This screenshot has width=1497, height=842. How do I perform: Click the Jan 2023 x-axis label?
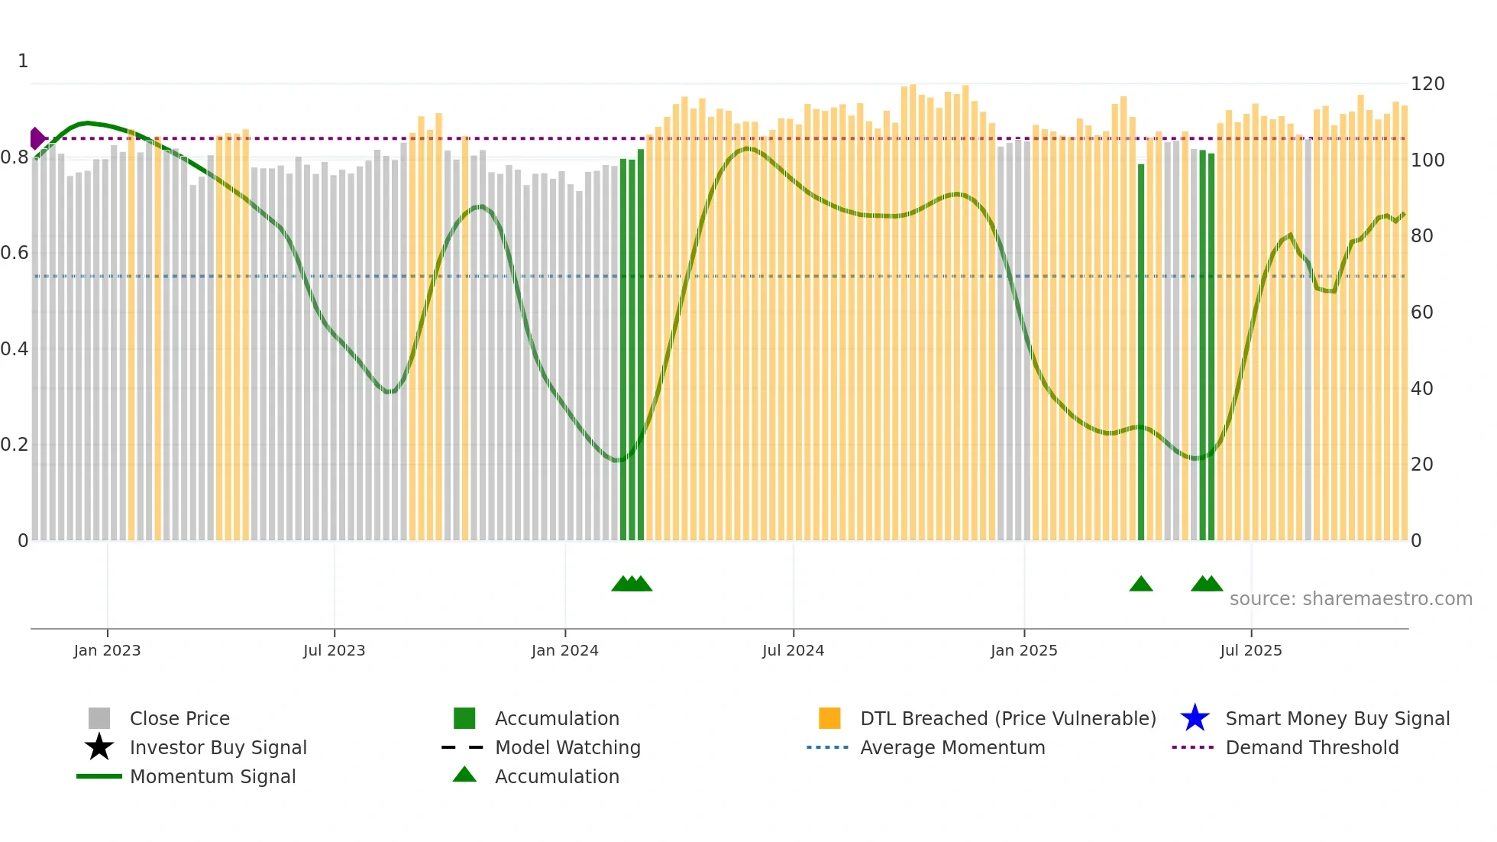(x=107, y=650)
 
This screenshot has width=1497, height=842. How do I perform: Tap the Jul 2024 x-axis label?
(x=793, y=650)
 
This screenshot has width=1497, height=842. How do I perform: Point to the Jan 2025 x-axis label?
(x=1023, y=650)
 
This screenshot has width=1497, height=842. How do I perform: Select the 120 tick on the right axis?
(x=1427, y=84)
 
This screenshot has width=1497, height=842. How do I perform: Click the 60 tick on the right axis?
(x=1421, y=312)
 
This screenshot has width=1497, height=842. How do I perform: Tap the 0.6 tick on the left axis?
(x=15, y=253)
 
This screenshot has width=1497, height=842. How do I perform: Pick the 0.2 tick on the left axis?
(x=15, y=445)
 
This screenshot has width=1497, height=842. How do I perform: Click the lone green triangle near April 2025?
(x=1140, y=585)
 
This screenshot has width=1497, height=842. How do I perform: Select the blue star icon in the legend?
(x=1195, y=718)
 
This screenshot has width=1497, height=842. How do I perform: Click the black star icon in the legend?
(x=99, y=747)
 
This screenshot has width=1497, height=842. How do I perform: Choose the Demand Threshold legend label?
(x=1311, y=747)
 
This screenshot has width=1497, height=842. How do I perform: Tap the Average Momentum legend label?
(x=952, y=747)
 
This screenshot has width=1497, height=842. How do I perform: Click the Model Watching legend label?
(x=567, y=747)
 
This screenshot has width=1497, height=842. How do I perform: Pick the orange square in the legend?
(x=829, y=718)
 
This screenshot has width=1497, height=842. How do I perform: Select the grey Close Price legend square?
(x=99, y=718)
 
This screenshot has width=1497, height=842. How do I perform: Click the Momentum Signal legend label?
(x=212, y=776)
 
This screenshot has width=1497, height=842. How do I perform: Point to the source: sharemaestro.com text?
(x=1350, y=599)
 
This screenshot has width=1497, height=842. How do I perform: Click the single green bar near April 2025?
(x=1141, y=351)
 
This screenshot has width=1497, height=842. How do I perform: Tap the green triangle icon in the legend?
(x=464, y=775)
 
